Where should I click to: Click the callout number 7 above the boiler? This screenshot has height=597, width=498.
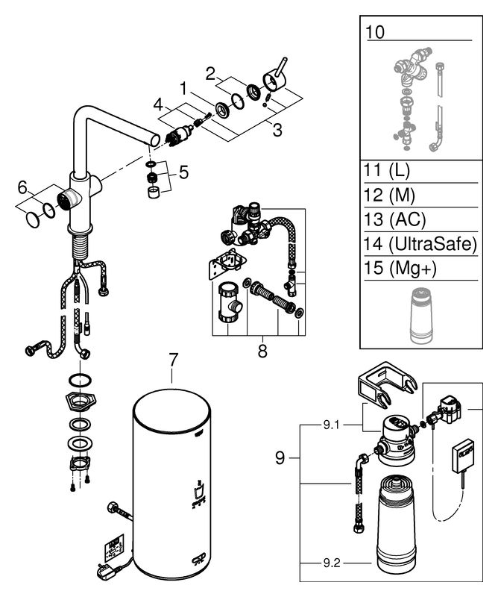(x=173, y=360)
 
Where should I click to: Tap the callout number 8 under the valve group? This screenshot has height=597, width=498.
(x=262, y=351)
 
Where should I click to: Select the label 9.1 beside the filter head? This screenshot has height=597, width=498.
(x=331, y=425)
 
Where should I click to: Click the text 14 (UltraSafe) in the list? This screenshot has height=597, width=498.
(x=420, y=244)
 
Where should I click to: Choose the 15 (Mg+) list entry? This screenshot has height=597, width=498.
(x=400, y=268)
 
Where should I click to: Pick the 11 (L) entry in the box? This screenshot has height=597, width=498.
(x=387, y=171)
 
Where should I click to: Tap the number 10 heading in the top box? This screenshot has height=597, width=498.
(x=375, y=32)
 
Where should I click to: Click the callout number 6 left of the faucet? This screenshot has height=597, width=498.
(x=23, y=187)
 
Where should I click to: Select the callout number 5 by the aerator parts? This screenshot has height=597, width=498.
(x=183, y=172)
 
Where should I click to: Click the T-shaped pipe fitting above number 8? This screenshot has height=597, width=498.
(x=228, y=302)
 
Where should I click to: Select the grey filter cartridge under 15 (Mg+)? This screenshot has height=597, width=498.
(x=420, y=316)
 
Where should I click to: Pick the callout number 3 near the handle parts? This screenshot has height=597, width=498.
(x=277, y=130)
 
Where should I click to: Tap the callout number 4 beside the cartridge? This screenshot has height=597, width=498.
(x=158, y=104)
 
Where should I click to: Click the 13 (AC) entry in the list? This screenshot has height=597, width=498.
(x=394, y=219)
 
